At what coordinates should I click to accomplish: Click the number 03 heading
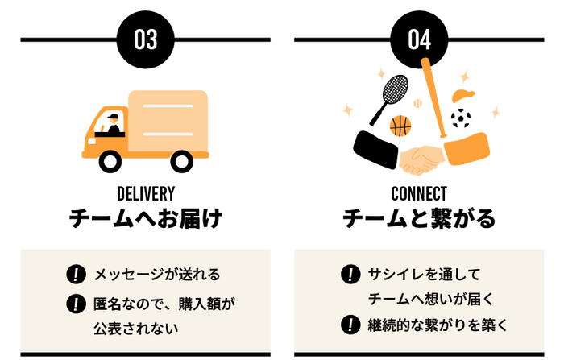pyautogui.click(x=146, y=39)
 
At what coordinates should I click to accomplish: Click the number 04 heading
pyautogui.click(x=419, y=39)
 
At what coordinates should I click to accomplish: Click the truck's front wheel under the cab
pyautogui.click(x=110, y=160)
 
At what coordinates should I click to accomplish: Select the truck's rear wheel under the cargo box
pyautogui.click(x=182, y=160)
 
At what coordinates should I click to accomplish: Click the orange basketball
pyautogui.click(x=400, y=126)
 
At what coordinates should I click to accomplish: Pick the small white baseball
pyautogui.click(x=417, y=104)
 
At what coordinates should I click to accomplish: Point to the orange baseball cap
pyautogui.click(x=463, y=95)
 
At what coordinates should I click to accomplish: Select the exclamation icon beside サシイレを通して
pyautogui.click(x=350, y=274)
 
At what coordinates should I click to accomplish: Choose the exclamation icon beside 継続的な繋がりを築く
pyautogui.click(x=350, y=325)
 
